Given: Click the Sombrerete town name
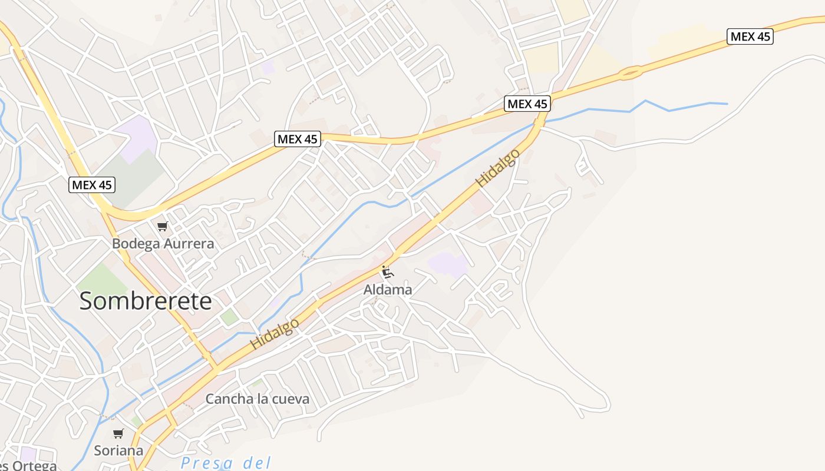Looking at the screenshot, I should click(x=146, y=301).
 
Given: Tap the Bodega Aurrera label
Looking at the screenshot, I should click(x=163, y=243).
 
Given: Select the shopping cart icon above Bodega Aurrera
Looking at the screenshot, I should click(x=163, y=226).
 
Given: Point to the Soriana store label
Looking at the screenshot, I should click(x=118, y=450).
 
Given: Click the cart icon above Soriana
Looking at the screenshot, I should click(x=118, y=434).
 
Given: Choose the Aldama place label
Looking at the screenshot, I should click(x=388, y=290).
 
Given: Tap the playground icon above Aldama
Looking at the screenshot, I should click(x=387, y=272).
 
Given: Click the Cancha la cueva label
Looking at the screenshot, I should click(x=257, y=399).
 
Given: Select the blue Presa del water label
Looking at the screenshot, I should click(x=226, y=463).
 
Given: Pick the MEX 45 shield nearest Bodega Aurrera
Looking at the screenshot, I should click(x=92, y=185).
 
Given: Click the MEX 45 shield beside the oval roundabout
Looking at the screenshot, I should click(x=750, y=37).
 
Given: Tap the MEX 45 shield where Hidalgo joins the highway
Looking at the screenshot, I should click(x=527, y=104).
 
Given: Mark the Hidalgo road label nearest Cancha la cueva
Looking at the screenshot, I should click(x=275, y=334).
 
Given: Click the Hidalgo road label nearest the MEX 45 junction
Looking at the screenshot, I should click(x=499, y=168).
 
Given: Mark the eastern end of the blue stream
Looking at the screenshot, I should click(x=727, y=104).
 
